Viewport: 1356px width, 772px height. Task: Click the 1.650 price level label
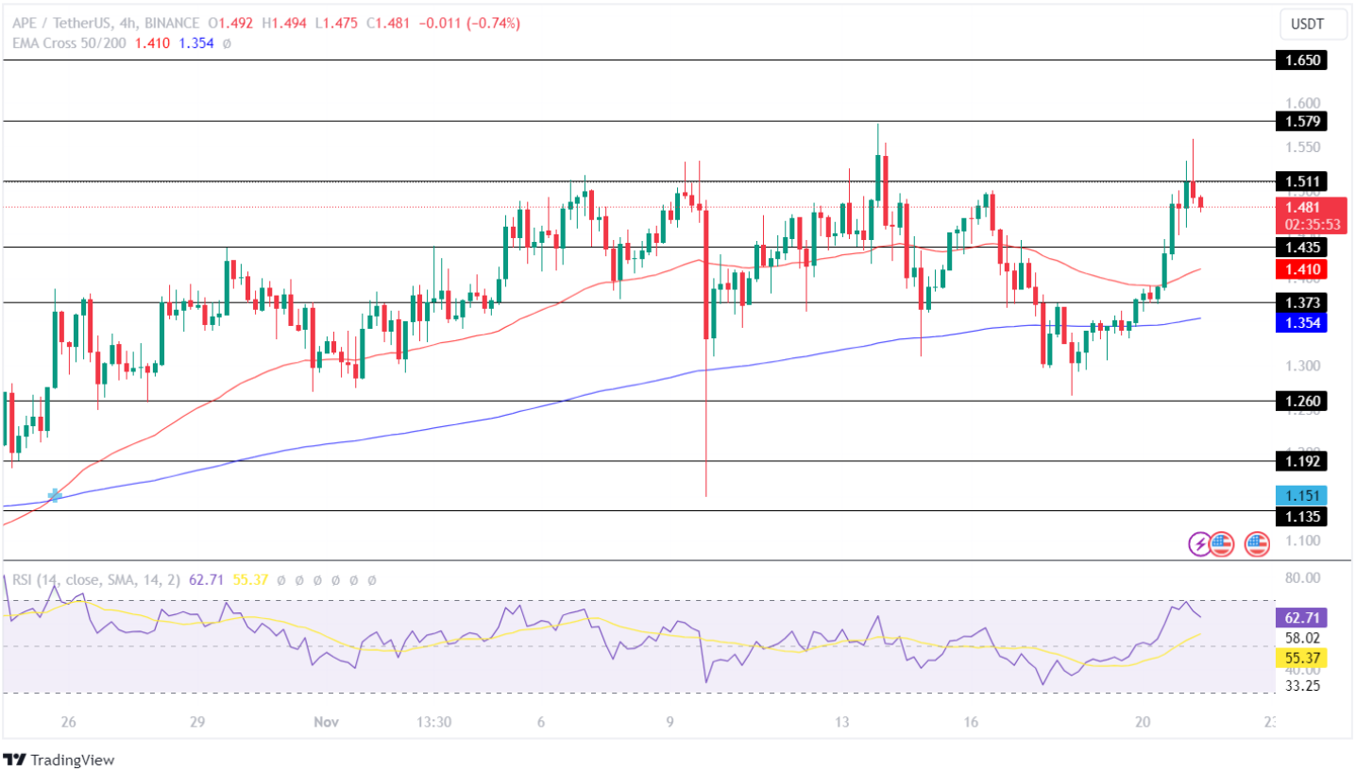[1300, 60]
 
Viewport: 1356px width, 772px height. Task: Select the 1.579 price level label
[1300, 121]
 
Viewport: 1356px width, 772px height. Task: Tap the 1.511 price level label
[1300, 180]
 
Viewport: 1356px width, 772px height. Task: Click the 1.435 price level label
[1300, 247]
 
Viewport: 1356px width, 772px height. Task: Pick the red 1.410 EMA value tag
[1300, 269]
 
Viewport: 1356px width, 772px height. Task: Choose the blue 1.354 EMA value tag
[1300, 322]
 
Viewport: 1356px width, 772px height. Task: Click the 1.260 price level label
[1300, 401]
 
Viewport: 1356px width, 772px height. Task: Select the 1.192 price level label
[1300, 461]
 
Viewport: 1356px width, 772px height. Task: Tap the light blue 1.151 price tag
[1300, 495]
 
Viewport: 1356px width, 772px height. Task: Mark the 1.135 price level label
[1300, 516]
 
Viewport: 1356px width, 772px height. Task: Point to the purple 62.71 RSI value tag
[1300, 618]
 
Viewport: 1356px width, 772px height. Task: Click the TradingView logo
[59, 759]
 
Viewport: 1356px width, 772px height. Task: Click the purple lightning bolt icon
[1199, 543]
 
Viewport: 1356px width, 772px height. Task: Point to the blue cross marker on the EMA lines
[55, 494]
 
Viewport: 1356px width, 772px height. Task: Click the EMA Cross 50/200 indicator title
[73, 43]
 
